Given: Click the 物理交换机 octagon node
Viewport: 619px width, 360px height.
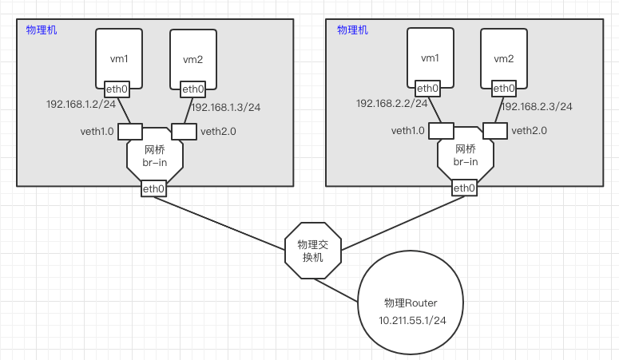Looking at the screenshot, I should pyautogui.click(x=313, y=251).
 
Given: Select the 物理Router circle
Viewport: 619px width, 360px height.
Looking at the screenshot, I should pyautogui.click(x=411, y=303).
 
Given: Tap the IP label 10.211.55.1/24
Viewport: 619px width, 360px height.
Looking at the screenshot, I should pyautogui.click(x=411, y=319).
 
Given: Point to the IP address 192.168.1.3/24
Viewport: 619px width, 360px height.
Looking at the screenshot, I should pyautogui.click(x=226, y=107).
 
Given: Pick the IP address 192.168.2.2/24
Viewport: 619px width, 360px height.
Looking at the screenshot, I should pyautogui.click(x=391, y=103).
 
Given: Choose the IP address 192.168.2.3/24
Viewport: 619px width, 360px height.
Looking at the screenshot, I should pyautogui.click(x=537, y=106).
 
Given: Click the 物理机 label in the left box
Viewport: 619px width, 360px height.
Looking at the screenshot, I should pyautogui.click(x=42, y=30).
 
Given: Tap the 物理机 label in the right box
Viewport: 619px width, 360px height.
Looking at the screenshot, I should pyautogui.click(x=352, y=30).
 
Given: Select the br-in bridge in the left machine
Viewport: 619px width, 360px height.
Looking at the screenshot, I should pyautogui.click(x=155, y=156).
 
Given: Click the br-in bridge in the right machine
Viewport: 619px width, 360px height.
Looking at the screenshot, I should pyautogui.click(x=466, y=155).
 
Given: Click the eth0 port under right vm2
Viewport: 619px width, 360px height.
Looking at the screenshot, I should pyautogui.click(x=504, y=89).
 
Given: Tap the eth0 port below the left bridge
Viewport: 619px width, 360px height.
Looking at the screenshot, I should pyautogui.click(x=153, y=189).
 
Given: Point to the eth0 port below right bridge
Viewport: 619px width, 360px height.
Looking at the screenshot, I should pyautogui.click(x=464, y=188).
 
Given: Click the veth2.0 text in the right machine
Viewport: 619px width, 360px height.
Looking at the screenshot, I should pyautogui.click(x=529, y=131).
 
